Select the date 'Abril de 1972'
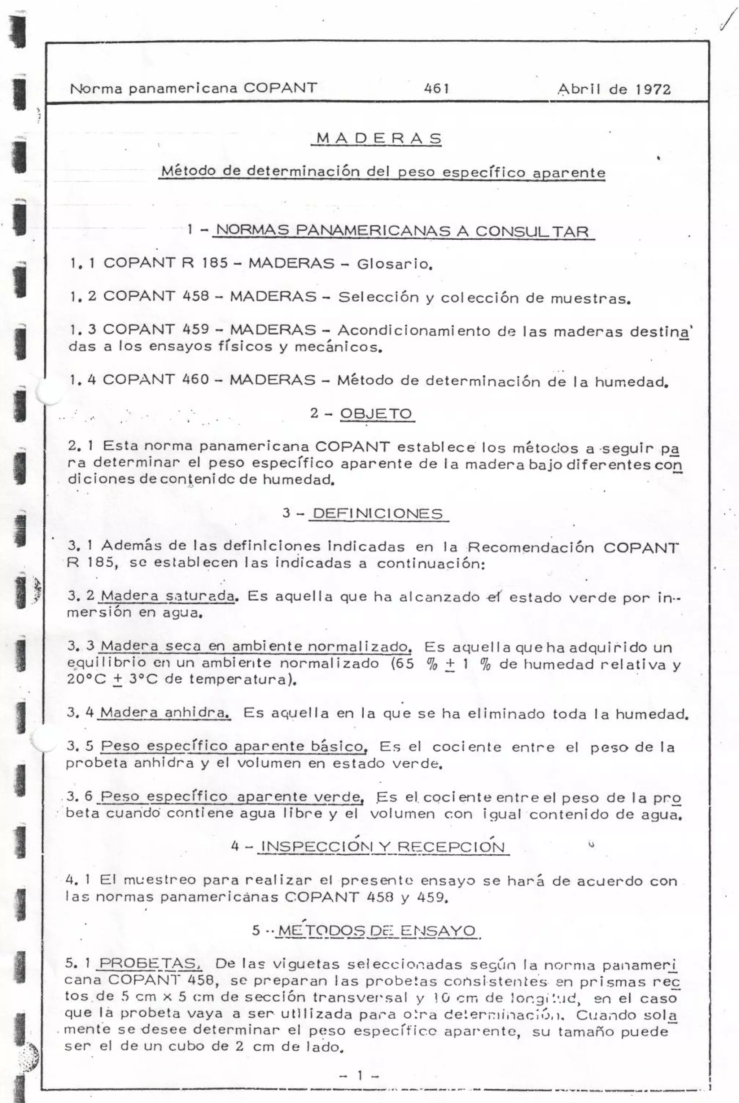(x=614, y=89)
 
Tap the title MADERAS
(x=379, y=139)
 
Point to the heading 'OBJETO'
(x=376, y=414)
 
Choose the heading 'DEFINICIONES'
(x=377, y=513)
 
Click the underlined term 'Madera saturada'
(x=167, y=597)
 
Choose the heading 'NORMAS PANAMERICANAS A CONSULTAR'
(x=402, y=231)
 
